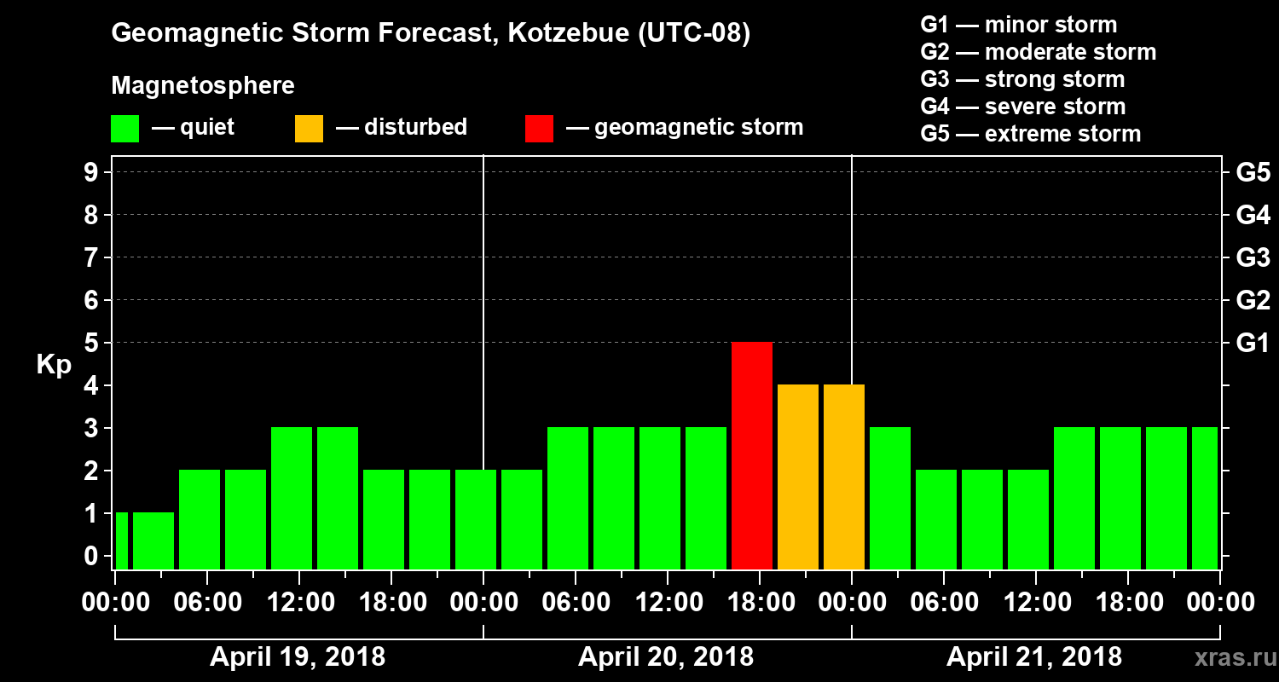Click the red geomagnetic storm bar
[752, 455]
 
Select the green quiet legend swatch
[124, 129]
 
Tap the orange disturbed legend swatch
[309, 129]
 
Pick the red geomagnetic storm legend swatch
[539, 129]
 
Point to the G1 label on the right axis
[1253, 344]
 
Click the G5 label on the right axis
[1253, 173]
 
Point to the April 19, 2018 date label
[298, 657]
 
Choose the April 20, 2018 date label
[666, 657]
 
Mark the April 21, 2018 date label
[1034, 657]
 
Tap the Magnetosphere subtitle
[203, 86]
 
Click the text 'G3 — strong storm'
[1022, 79]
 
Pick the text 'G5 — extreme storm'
[1030, 134]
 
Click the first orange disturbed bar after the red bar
[798, 477]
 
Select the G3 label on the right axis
[1253, 258]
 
